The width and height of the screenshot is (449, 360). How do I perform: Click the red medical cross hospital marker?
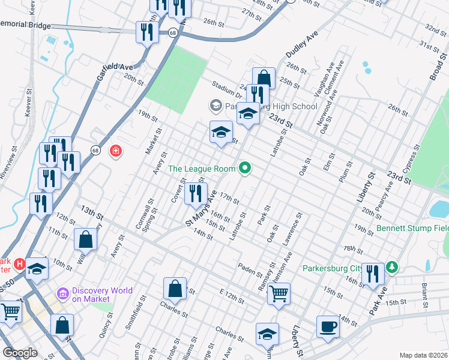(x=115, y=151)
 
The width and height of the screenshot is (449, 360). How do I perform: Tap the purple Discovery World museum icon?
(x=62, y=295)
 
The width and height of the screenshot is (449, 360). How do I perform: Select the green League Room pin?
(x=244, y=168)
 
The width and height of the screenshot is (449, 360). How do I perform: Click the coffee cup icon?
(x=328, y=326)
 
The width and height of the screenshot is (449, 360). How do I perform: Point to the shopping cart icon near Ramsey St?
(x=279, y=294)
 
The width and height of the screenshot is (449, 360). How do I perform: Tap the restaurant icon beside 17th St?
(x=195, y=193)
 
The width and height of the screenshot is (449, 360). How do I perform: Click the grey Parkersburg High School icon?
(x=215, y=106)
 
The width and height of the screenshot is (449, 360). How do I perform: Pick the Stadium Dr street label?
(x=223, y=89)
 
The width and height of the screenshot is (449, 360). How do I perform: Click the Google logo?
(x=20, y=352)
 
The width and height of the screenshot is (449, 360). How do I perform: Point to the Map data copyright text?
(x=423, y=355)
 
